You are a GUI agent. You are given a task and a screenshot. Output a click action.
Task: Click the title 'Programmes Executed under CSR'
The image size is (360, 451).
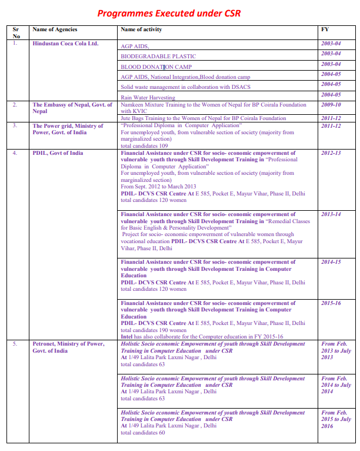[168, 14]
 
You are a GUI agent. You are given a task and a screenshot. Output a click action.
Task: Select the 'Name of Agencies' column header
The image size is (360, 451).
[55, 29]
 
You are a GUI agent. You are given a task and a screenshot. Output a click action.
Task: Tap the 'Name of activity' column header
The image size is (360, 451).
[141, 29]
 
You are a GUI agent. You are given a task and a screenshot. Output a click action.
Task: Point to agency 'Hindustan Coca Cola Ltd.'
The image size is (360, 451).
[65, 44]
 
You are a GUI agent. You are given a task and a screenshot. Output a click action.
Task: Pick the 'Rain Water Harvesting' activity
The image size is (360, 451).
[148, 98]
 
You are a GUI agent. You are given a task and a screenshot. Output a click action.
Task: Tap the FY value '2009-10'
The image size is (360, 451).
[331, 105]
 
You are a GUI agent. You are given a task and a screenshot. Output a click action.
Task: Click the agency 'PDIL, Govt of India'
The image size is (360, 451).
[58, 153]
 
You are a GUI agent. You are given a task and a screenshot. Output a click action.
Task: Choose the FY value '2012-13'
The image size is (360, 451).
[331, 153]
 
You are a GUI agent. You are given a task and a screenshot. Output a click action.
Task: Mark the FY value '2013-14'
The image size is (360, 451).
[331, 214]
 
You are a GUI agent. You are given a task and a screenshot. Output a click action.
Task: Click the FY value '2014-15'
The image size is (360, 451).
[331, 262]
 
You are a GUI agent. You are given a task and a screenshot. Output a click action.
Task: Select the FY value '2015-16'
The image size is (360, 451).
[331, 303]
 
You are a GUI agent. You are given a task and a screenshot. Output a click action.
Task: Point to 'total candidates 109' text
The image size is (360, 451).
[144, 146]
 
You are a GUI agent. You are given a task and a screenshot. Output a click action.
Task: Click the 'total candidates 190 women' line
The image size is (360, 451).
[154, 330]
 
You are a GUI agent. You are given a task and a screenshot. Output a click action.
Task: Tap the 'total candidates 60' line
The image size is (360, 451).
[142, 433]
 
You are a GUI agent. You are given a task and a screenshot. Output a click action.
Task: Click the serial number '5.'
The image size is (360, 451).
[16, 344]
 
